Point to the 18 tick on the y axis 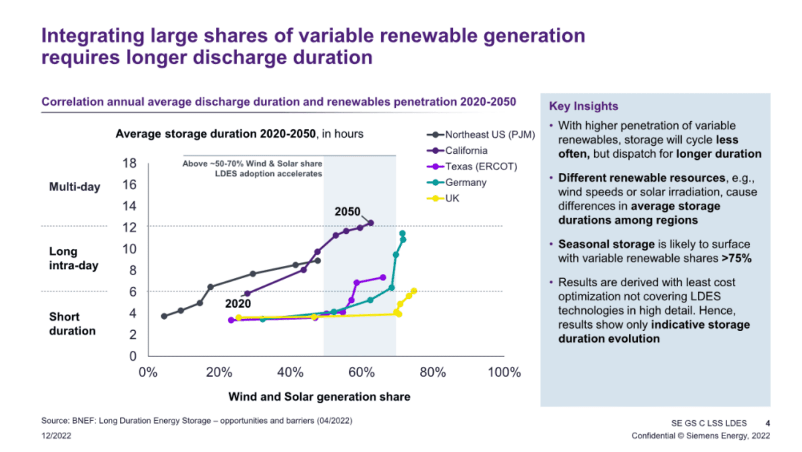tap(129, 163)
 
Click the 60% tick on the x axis tap(361, 373)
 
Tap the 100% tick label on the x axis tap(504, 373)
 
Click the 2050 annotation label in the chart tap(347, 211)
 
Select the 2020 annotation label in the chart tap(238, 303)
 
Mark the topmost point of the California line tap(371, 222)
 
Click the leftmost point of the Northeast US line tap(164, 317)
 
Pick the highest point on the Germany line tap(402, 234)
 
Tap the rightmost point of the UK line tap(414, 291)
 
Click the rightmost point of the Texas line tap(383, 277)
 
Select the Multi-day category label tap(74, 187)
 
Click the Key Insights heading tap(583, 106)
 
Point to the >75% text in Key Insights tap(736, 258)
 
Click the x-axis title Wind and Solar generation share tap(319, 397)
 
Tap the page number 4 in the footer tap(768, 423)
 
